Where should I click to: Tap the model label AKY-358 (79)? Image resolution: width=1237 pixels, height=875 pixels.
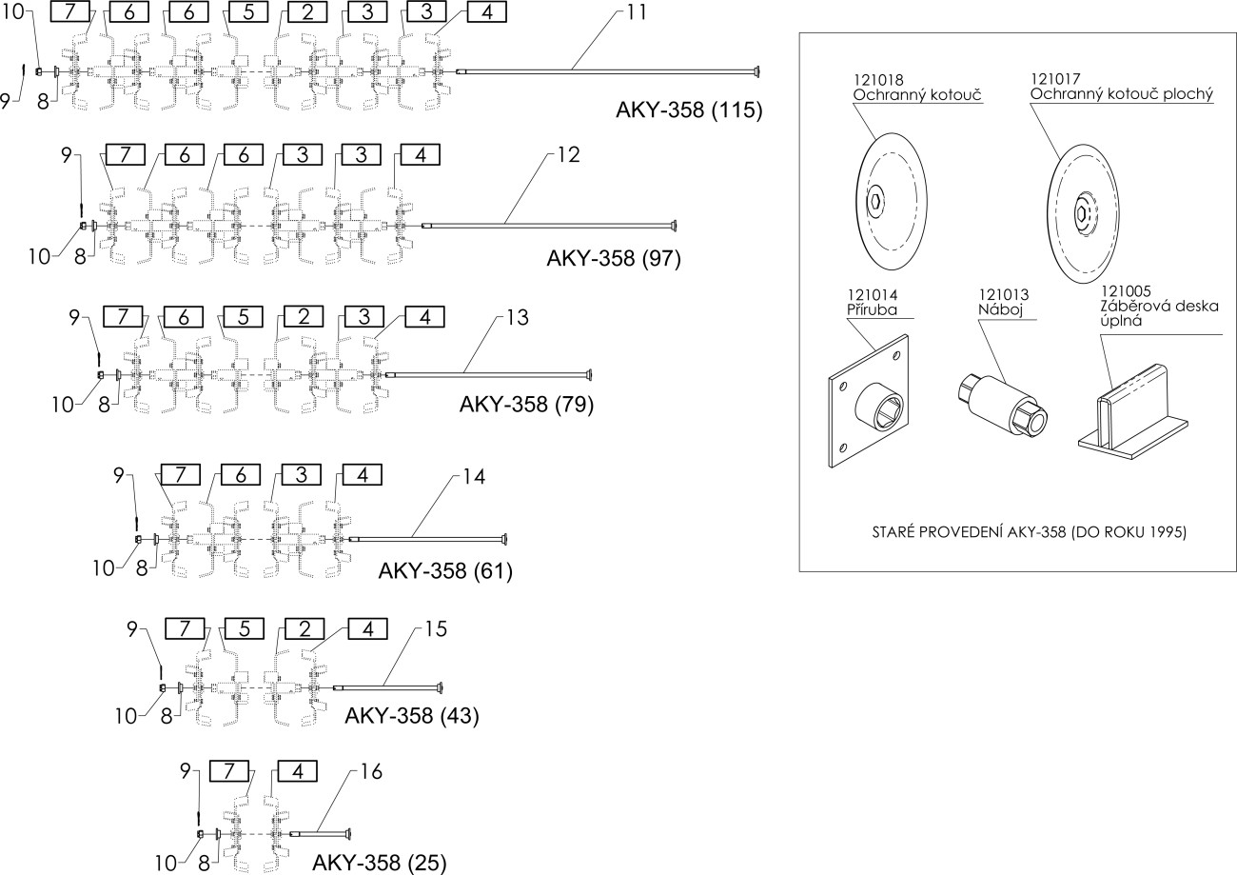526,405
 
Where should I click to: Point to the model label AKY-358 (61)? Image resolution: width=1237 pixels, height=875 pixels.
445,570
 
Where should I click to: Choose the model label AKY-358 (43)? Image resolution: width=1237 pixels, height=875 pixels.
411,715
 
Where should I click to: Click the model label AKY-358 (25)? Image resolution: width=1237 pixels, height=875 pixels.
378,863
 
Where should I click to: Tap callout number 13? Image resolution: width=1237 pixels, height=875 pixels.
520,316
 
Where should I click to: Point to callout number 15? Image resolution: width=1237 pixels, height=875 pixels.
436,629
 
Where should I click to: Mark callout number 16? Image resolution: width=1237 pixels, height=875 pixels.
371,772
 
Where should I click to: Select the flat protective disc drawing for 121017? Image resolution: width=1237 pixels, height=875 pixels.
1085,210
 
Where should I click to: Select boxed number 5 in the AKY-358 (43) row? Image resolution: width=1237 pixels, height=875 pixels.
245,628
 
